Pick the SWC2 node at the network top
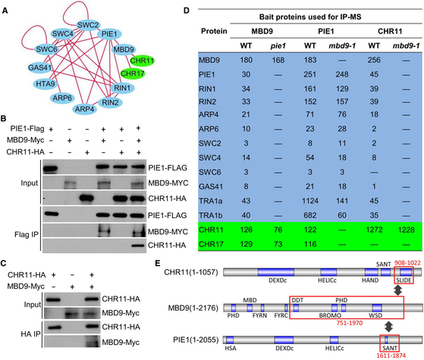(x=86, y=23)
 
